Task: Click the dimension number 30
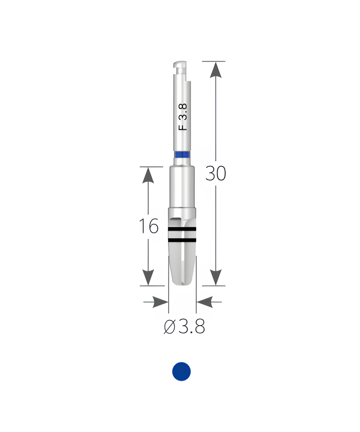coord(216,174)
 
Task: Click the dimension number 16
coord(149,226)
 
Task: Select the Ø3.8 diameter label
coord(185,327)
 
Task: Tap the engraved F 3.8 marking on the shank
coord(183,117)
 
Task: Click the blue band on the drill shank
coord(182,154)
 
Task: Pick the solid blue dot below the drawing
coord(182,372)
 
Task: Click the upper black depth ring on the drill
coord(182,229)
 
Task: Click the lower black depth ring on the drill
coord(182,240)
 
